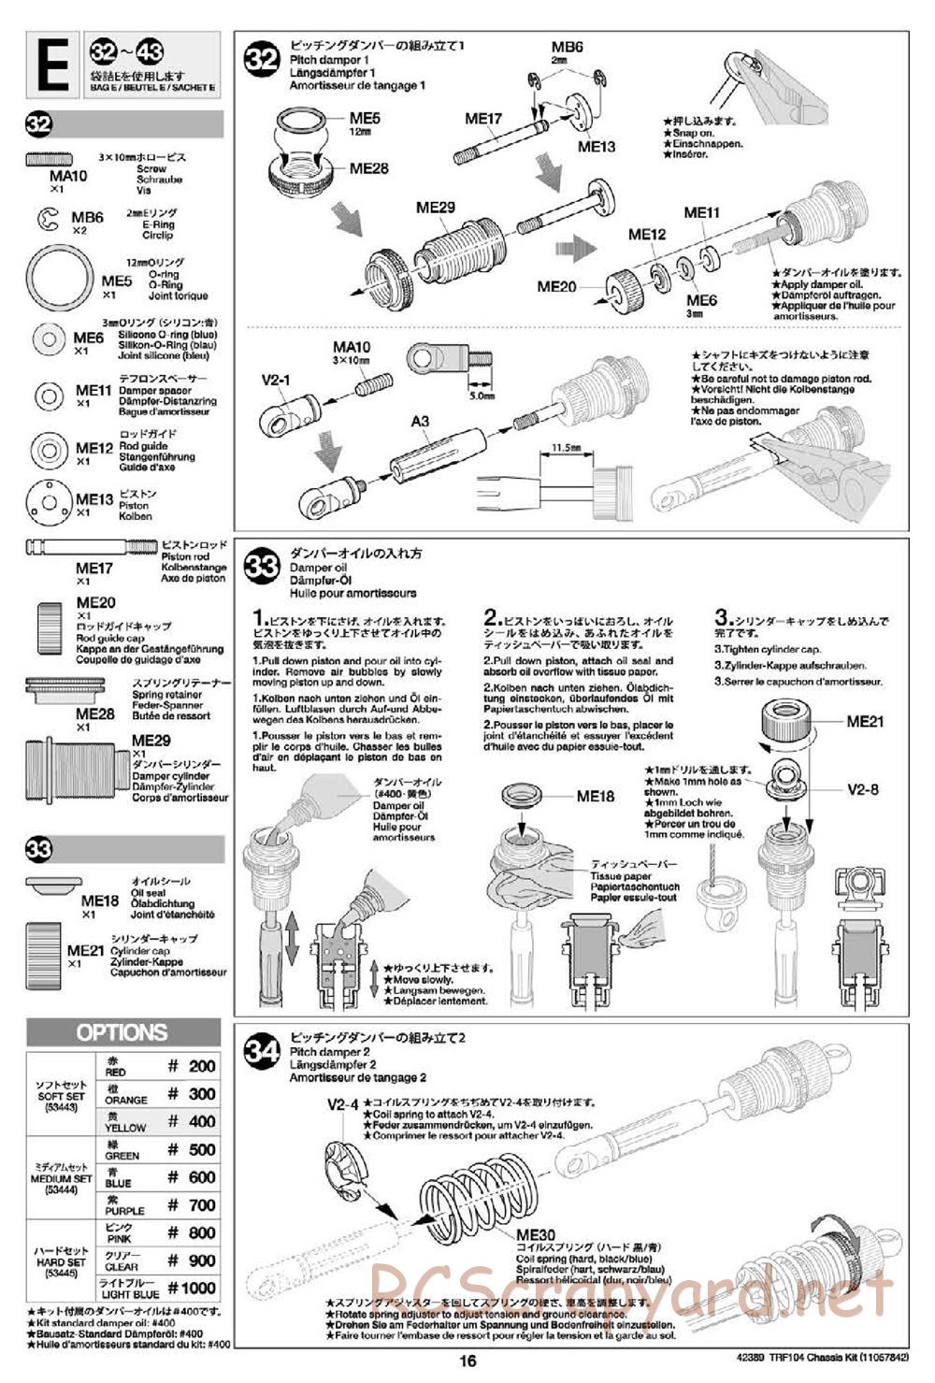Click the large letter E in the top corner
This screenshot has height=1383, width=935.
click(54, 65)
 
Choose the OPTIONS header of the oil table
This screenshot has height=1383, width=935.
click(122, 1033)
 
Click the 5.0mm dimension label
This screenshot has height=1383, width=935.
click(482, 396)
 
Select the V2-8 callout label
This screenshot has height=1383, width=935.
click(863, 789)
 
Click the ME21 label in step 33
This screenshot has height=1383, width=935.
click(865, 722)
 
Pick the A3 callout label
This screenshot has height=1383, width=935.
click(420, 422)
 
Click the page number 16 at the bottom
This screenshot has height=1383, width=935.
click(467, 1361)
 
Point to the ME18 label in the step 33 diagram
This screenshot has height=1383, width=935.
click(596, 796)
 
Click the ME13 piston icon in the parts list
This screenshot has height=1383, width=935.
click(49, 502)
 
